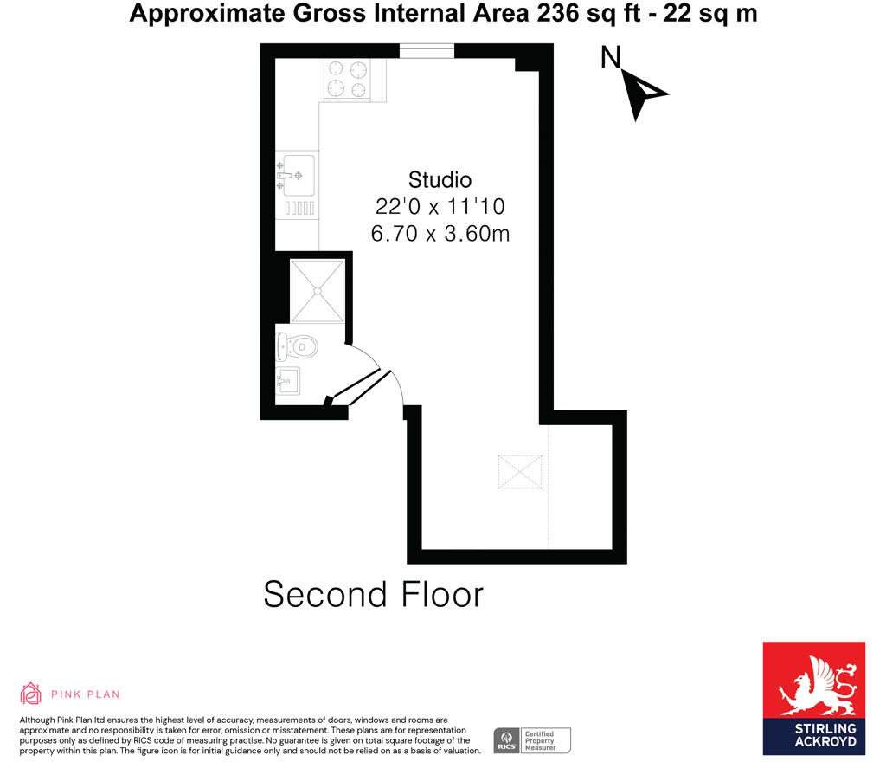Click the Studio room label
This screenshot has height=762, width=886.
[x=440, y=180]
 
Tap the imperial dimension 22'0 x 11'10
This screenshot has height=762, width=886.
[x=440, y=207]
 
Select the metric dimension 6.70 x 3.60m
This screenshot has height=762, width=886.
[x=440, y=234]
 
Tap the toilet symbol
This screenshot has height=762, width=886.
[x=297, y=347]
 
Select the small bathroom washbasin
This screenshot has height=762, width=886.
[x=287, y=380]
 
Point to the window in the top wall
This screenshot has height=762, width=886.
[x=427, y=51]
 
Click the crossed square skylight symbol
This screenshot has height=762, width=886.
[x=520, y=472]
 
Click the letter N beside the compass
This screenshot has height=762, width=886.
[x=611, y=58]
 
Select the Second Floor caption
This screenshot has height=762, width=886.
[x=373, y=595]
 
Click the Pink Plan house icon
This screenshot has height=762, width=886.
[x=30, y=693]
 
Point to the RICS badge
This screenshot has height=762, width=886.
[x=506, y=741]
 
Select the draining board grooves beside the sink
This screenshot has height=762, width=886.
[x=299, y=208]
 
